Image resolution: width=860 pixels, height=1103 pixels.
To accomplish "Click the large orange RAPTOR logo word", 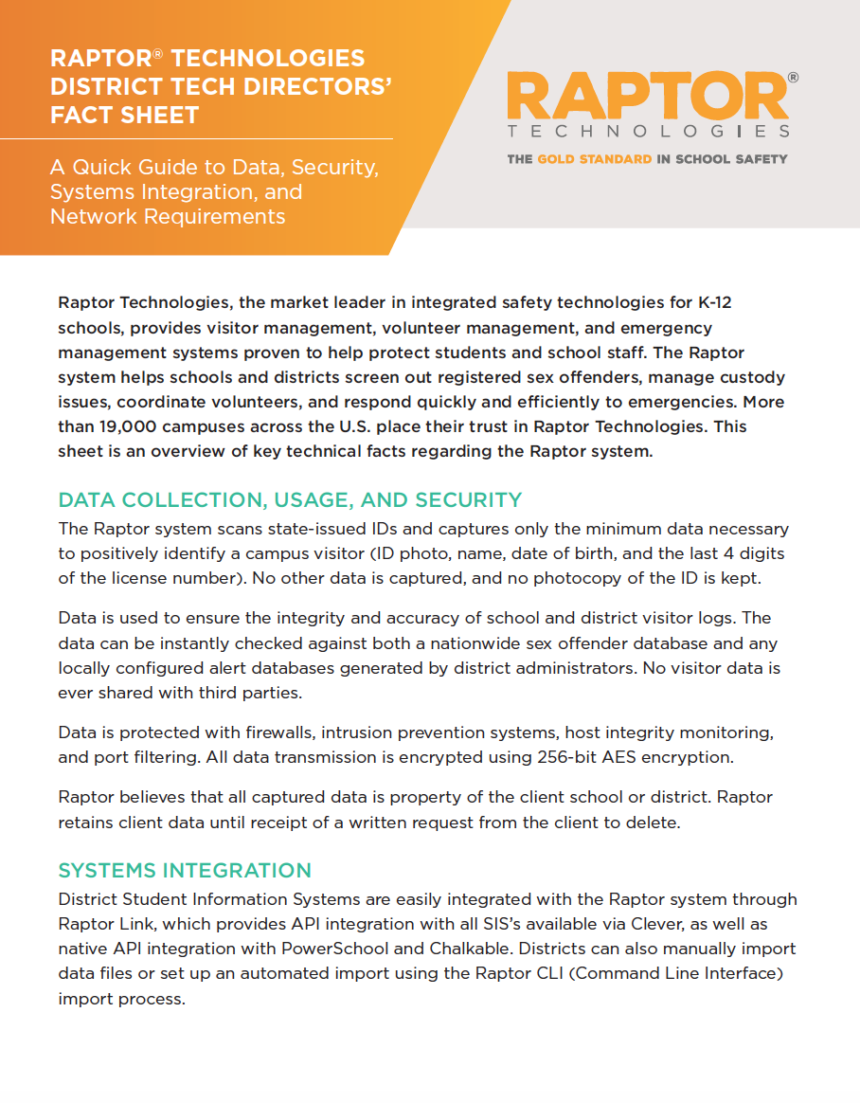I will coord(648,97).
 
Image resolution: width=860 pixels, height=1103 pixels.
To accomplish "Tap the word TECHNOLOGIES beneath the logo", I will coord(648,132).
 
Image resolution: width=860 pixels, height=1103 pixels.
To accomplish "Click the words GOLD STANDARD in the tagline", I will coord(594,159).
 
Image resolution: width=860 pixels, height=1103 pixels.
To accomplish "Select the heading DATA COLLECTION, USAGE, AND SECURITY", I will coord(290,499).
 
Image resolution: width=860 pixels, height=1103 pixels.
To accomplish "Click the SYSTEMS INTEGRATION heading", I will coord(185,870).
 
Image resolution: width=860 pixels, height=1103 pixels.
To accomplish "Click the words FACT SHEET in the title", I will coord(125,115).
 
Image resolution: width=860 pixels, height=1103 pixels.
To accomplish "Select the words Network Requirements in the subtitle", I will coord(168,216).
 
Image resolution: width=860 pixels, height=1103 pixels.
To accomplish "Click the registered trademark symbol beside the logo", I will coord(792,79).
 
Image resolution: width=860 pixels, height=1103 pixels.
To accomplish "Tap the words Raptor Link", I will coord(101,924).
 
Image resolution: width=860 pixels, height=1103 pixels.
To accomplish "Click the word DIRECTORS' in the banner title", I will coord(325,86).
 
